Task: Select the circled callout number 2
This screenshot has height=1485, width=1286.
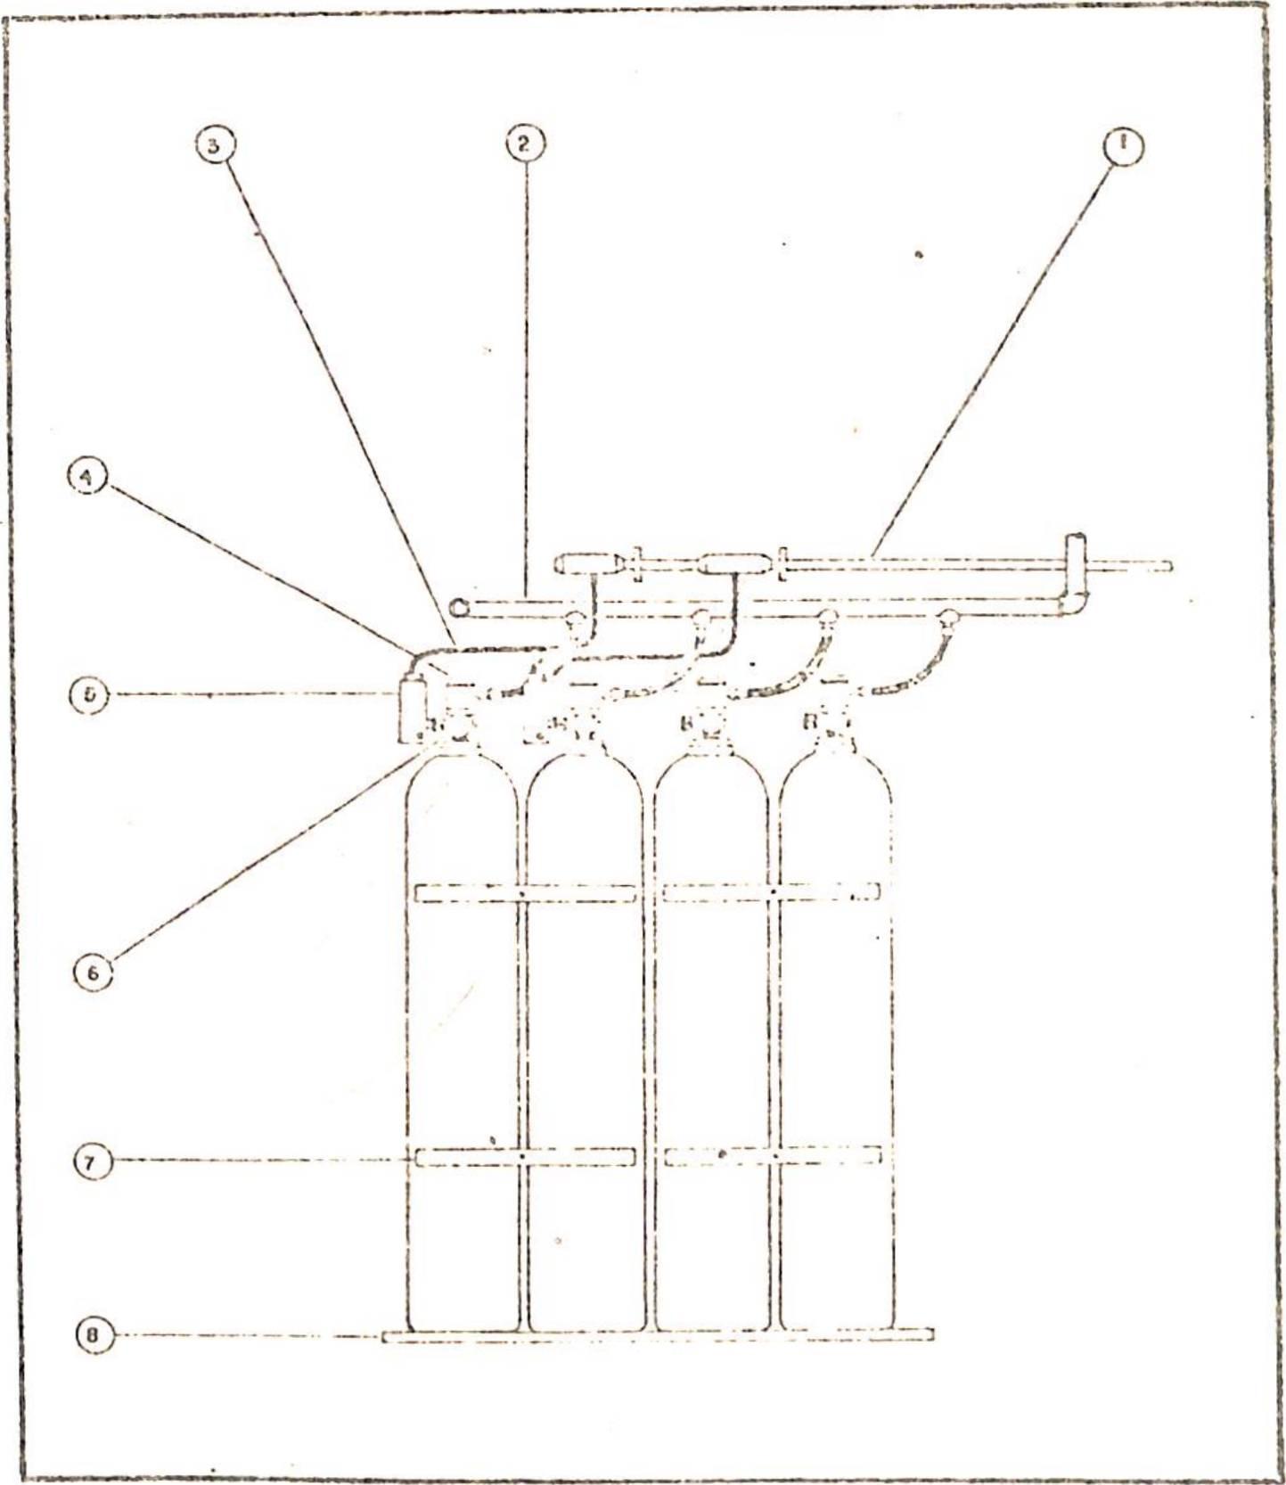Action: point(525,143)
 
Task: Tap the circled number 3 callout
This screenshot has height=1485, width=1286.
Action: point(214,144)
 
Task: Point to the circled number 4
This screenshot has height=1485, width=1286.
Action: point(87,476)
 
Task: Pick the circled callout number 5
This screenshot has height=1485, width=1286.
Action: point(89,693)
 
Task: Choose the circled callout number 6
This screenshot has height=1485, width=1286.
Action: point(93,972)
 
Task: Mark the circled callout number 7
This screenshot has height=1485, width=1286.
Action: point(92,1161)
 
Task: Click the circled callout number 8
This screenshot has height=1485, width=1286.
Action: point(93,1336)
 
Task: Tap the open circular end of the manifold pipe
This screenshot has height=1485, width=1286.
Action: point(459,608)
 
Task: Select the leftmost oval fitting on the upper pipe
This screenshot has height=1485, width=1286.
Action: point(585,563)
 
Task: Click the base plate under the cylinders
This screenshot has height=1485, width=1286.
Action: point(658,1334)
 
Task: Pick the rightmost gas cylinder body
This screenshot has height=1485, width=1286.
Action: point(836,1025)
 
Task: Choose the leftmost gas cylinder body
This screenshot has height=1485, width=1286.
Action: point(462,1025)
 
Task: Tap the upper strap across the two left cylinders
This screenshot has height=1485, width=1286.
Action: point(525,892)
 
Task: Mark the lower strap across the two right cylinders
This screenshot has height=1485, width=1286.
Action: point(773,1155)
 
